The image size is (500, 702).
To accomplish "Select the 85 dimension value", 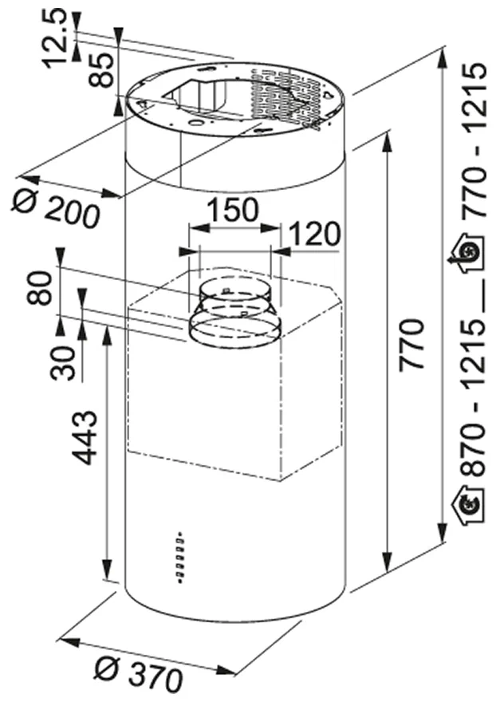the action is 100,69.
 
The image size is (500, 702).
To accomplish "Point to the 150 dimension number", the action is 233,210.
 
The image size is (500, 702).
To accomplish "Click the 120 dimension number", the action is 315,234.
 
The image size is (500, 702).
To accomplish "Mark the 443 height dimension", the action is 85,437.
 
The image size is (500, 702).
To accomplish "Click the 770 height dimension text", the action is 411,344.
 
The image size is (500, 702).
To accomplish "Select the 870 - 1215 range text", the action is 473,397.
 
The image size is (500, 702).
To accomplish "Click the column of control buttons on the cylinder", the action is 180,557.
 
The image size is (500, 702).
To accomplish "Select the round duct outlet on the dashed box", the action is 234,314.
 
